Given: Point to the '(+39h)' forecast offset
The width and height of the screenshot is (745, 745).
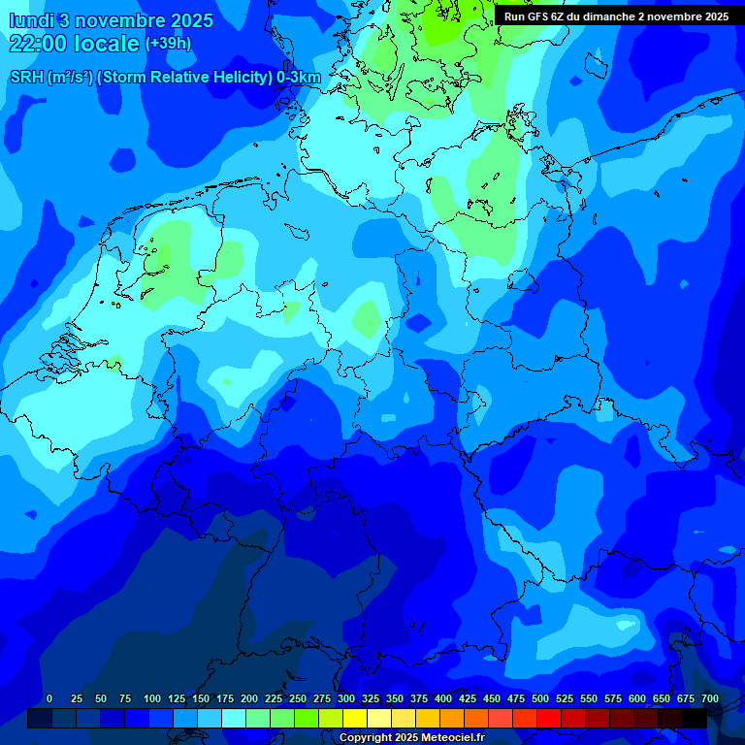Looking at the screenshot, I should (168, 44).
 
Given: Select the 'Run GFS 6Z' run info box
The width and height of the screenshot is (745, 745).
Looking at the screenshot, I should (616, 16).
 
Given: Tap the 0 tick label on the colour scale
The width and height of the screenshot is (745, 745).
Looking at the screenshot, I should (49, 698).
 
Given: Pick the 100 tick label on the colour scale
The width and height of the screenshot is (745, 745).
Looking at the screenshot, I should (152, 698).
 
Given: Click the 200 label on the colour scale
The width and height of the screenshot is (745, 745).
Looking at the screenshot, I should (249, 698).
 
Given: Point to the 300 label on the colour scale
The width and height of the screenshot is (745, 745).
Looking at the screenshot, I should (346, 698).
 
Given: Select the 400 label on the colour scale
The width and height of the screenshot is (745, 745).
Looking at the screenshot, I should (443, 698).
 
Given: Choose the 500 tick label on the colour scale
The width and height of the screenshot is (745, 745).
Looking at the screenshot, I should (540, 698).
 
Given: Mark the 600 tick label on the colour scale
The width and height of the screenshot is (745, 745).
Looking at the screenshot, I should (637, 698).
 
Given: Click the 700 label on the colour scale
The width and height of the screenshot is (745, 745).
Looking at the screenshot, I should (710, 698).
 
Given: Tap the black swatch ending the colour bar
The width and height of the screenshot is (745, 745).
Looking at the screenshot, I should (695, 718).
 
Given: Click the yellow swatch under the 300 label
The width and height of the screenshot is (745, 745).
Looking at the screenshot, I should (355, 718).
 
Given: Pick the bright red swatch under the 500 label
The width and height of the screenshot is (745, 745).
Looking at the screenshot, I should (549, 718).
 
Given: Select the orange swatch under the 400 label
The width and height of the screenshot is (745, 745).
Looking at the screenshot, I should (452, 718).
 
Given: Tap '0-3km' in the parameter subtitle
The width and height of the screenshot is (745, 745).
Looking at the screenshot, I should (299, 78).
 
